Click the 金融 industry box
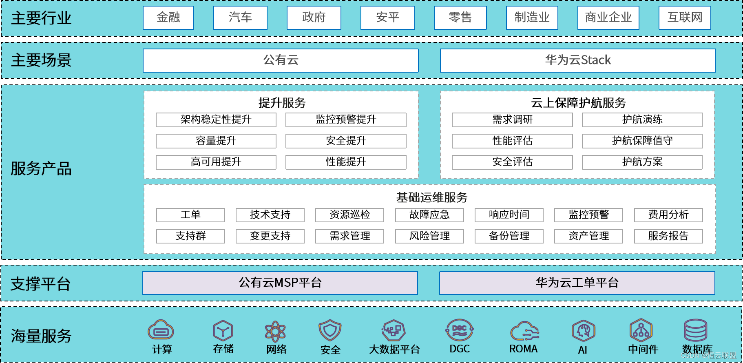click(x=168, y=18)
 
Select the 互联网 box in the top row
click(x=685, y=18)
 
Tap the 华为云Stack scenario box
click(x=577, y=60)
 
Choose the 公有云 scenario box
click(x=281, y=60)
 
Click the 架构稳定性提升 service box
click(x=216, y=120)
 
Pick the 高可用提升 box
click(x=216, y=162)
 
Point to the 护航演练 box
click(x=642, y=120)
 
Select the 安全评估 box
click(x=512, y=162)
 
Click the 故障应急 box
click(x=429, y=215)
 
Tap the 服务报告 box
click(x=668, y=236)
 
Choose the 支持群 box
click(x=190, y=236)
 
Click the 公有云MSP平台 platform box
click(x=280, y=283)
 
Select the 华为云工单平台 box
click(x=577, y=283)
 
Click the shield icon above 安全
click(x=330, y=330)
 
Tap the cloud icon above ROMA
click(x=524, y=331)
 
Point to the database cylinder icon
click(x=695, y=330)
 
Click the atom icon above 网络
click(x=275, y=331)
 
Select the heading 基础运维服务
click(x=432, y=197)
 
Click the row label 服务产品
click(x=41, y=169)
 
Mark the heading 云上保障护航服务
click(x=578, y=103)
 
